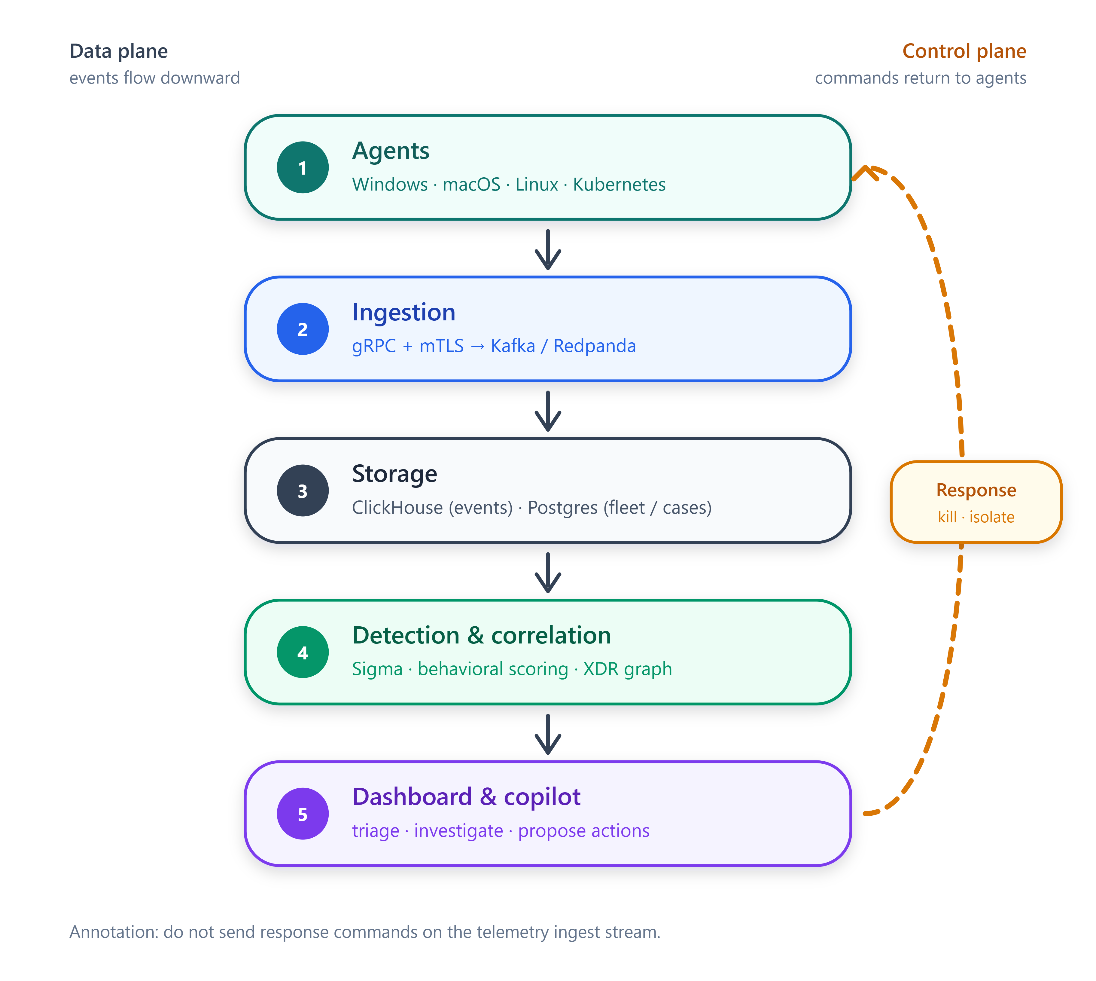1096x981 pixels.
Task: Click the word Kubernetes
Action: click(619, 184)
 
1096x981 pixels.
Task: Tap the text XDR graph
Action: click(628, 669)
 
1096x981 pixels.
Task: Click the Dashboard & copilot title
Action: click(466, 797)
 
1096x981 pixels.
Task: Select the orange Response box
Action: click(976, 502)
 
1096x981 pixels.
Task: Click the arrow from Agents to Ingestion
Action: click(548, 249)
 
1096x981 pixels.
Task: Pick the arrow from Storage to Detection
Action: click(548, 573)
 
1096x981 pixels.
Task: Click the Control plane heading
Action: click(964, 51)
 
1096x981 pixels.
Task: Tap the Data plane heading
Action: click(119, 51)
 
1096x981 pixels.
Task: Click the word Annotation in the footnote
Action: click(114, 932)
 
